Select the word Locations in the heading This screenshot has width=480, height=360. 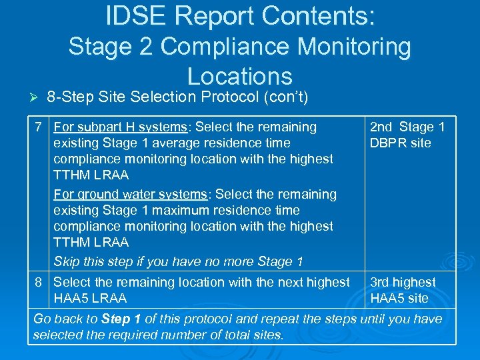[240, 76]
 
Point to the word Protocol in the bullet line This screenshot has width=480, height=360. [224, 97]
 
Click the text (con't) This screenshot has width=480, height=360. [285, 97]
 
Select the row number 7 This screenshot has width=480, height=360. [40, 127]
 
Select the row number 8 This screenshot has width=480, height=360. [40, 282]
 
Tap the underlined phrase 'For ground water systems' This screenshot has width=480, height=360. [130, 194]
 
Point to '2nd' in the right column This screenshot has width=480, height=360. [381, 127]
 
